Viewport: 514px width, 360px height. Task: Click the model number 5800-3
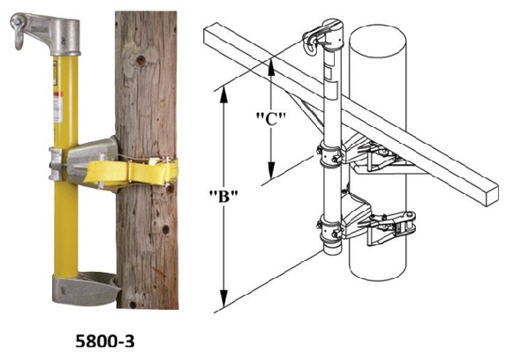[105, 341]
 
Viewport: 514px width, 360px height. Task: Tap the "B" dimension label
[223, 196]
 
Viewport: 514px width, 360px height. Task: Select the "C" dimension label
[271, 119]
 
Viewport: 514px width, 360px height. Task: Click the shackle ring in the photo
[19, 37]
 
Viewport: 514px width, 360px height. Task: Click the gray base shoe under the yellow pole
[86, 289]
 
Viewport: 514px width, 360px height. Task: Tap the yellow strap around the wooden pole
[131, 171]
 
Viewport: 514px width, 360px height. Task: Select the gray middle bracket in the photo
[85, 164]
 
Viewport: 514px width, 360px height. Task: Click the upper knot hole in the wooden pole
[140, 60]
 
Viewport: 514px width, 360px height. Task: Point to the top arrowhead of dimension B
[223, 94]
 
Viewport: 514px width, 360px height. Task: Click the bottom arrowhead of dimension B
[223, 299]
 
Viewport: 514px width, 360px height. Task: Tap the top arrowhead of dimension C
[271, 66]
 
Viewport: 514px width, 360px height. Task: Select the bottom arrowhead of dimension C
[271, 170]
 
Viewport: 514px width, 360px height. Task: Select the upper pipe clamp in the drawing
[330, 155]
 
